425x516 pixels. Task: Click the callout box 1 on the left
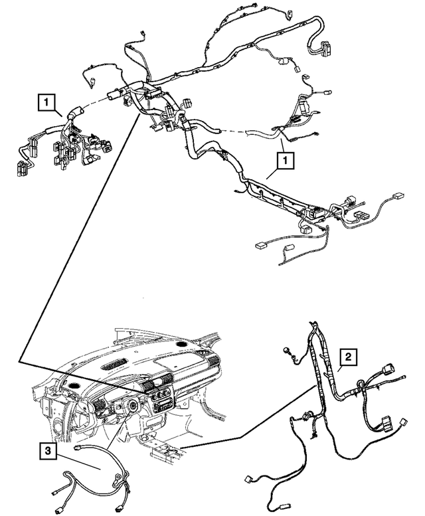tap(46, 102)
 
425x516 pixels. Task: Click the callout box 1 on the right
tap(284, 159)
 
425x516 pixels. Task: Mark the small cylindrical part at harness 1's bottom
tap(288, 254)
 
